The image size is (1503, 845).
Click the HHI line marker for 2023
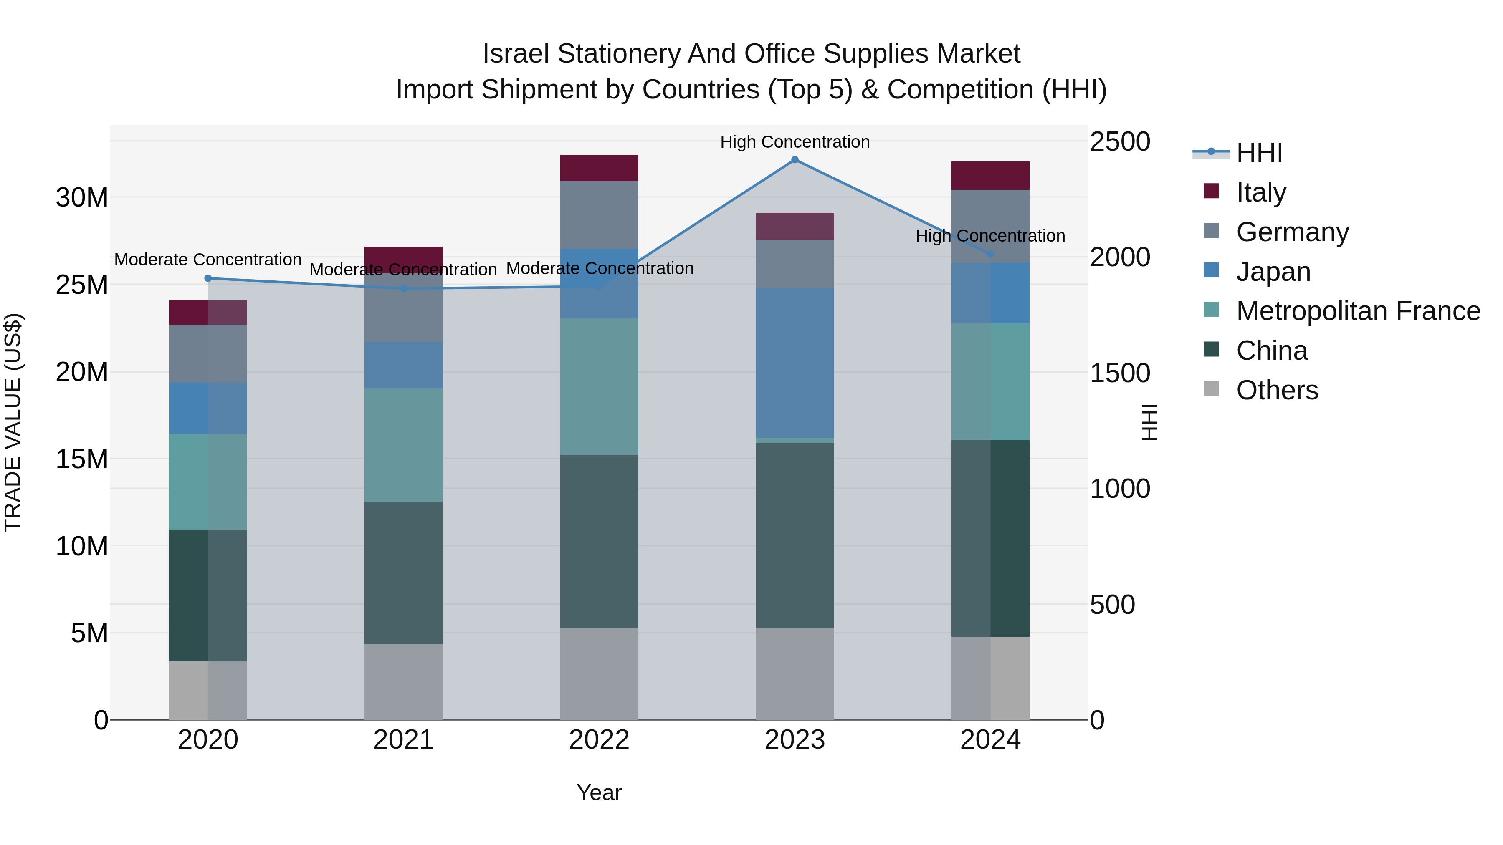click(x=795, y=160)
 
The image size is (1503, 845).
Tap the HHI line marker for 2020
click(x=208, y=278)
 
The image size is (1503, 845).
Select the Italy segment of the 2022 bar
click(x=599, y=168)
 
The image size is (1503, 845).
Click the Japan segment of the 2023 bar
click(x=795, y=363)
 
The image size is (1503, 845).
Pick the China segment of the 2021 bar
click(x=404, y=573)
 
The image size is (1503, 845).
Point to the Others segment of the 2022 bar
click(x=599, y=673)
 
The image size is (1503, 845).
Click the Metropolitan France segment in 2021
click(x=404, y=445)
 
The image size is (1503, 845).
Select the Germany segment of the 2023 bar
click(x=795, y=264)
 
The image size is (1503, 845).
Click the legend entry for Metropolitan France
click(x=1357, y=311)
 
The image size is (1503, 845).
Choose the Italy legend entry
click(x=1260, y=192)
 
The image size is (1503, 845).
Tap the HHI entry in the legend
click(x=1258, y=153)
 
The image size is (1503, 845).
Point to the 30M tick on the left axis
click(x=82, y=198)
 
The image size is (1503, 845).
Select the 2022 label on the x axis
click(x=599, y=740)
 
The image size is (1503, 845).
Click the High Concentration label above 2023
click(x=795, y=142)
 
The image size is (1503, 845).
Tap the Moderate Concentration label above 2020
click(x=208, y=260)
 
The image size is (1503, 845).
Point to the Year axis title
click(x=599, y=792)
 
